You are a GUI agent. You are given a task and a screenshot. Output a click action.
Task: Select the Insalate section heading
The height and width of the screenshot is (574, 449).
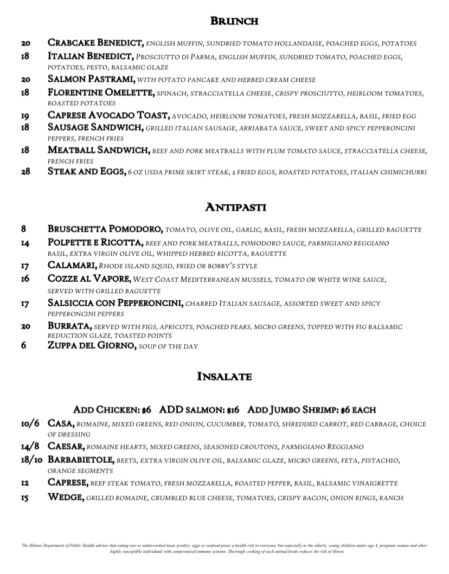click(x=224, y=377)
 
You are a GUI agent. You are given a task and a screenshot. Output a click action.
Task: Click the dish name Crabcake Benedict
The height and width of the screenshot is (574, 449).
click(x=95, y=43)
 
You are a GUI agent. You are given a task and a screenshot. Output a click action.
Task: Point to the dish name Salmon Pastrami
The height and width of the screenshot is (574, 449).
click(x=92, y=79)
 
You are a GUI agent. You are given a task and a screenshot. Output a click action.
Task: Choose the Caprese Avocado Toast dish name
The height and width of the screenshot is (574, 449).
click(x=110, y=115)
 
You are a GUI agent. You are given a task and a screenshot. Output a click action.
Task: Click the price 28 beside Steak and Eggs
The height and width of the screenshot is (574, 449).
click(x=25, y=172)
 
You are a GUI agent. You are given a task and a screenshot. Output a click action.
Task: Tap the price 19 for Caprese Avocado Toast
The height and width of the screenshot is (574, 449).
click(x=25, y=115)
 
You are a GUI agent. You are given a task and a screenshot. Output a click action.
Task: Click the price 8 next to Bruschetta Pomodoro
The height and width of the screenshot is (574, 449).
click(x=24, y=229)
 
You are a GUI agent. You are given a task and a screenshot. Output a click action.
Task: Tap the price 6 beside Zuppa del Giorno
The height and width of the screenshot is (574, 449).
click(x=24, y=346)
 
